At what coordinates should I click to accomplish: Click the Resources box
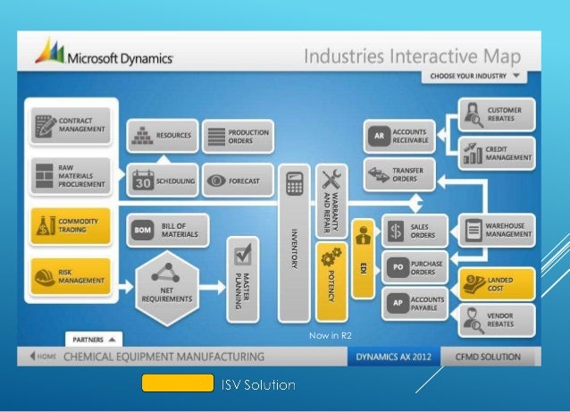(162, 136)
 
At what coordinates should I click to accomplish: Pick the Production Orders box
(238, 136)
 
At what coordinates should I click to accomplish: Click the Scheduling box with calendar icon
(162, 181)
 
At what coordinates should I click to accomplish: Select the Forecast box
(238, 181)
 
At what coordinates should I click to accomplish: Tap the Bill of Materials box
(168, 231)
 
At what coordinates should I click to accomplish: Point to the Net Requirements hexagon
(163, 285)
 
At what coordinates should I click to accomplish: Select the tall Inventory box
(293, 242)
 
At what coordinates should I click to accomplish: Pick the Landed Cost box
(497, 283)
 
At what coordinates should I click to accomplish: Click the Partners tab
(93, 340)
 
